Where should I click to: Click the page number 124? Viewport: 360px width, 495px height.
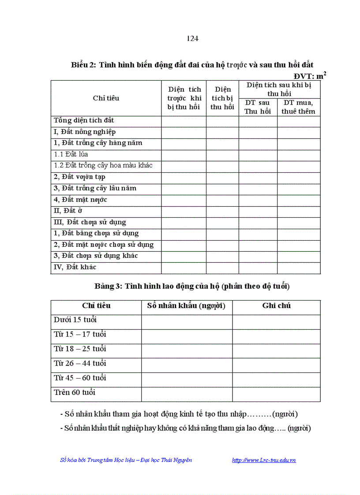coord(192,38)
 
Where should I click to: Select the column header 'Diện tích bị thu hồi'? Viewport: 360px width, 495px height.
coord(222,98)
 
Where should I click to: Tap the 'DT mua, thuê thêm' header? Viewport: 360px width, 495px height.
coord(299,107)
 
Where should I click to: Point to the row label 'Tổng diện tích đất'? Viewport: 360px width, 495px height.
coord(84,120)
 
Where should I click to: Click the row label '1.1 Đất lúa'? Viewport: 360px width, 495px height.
coord(71,154)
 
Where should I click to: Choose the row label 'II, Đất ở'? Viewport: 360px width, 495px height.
coord(68,211)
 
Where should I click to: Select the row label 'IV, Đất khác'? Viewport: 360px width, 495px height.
coord(75,267)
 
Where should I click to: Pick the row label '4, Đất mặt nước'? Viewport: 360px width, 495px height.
coord(80,200)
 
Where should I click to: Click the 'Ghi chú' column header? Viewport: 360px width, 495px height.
coord(276,306)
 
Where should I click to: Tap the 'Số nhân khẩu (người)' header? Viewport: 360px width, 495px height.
coord(186,306)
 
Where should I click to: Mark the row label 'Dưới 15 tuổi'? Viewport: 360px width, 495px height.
coord(75,320)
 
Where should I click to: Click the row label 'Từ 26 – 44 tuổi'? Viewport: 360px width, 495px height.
coord(80,363)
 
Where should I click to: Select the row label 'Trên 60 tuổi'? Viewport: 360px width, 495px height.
coord(75,392)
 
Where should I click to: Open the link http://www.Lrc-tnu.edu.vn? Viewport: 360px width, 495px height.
coord(264,460)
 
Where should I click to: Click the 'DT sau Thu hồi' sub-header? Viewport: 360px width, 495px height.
coord(258,107)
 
